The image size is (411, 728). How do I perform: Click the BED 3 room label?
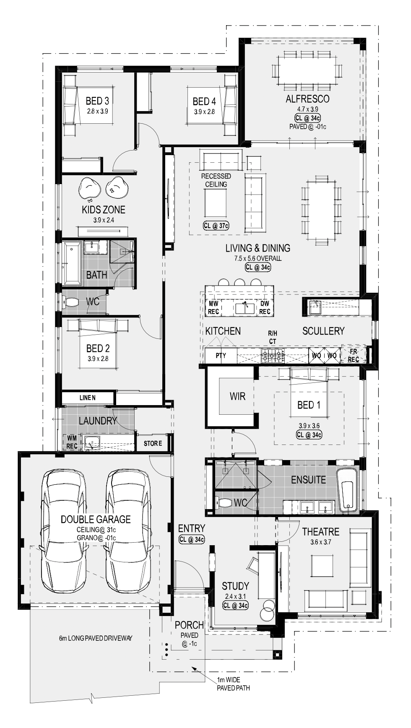pyautogui.click(x=97, y=101)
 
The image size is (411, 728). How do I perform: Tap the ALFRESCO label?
pyautogui.click(x=307, y=99)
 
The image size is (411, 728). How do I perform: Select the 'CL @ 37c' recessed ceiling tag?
pyautogui.click(x=216, y=226)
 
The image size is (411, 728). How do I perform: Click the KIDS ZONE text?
pyautogui.click(x=103, y=210)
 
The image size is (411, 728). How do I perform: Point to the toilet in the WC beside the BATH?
pyautogui.click(x=71, y=302)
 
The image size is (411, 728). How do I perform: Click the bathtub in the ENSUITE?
pyautogui.click(x=348, y=490)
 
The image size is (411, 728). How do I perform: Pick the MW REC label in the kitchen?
pyautogui.click(x=213, y=307)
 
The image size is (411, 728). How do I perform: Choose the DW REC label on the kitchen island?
pyautogui.click(x=265, y=307)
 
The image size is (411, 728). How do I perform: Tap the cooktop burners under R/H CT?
pyautogui.click(x=273, y=356)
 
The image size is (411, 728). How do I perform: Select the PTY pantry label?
pyautogui.click(x=221, y=356)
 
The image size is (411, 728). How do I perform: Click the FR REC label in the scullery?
pyautogui.click(x=354, y=356)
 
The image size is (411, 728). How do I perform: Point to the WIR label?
pyautogui.click(x=237, y=396)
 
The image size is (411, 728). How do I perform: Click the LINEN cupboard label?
pyautogui.click(x=88, y=398)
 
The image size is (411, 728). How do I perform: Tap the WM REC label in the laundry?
pyautogui.click(x=72, y=442)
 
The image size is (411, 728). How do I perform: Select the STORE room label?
pyautogui.click(x=153, y=443)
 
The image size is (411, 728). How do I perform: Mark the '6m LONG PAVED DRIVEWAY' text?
pyautogui.click(x=96, y=638)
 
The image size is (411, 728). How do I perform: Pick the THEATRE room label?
pyautogui.click(x=321, y=532)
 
